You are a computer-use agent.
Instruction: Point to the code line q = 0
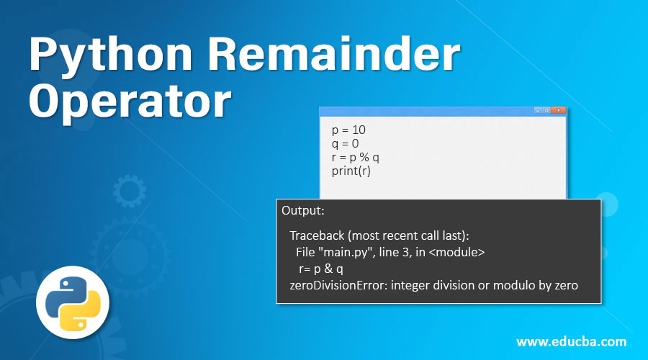(345, 144)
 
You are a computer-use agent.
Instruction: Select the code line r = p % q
(361, 158)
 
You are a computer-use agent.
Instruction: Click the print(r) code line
(351, 171)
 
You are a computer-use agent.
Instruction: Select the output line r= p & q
(321, 269)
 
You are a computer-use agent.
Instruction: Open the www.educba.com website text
(571, 341)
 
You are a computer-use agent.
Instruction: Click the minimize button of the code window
(538, 110)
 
